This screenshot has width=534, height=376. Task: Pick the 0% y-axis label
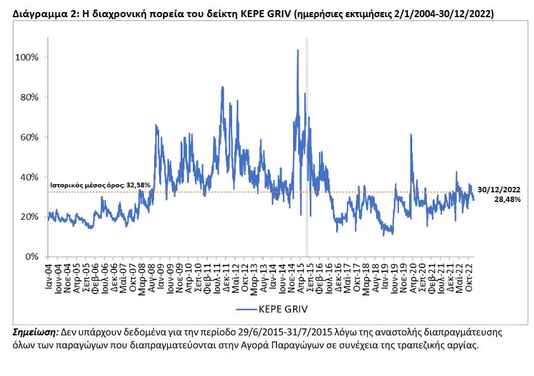(x=32, y=257)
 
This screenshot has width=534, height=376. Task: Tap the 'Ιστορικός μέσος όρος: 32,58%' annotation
(x=100, y=185)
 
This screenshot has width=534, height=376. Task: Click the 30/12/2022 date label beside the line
(x=499, y=189)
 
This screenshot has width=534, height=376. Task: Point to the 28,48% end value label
(x=507, y=199)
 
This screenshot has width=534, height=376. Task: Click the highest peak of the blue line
(x=298, y=50)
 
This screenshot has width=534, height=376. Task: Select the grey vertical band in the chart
(x=307, y=146)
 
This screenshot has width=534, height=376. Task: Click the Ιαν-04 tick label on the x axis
(x=49, y=279)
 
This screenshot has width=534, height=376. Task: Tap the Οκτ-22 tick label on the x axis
(x=471, y=279)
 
